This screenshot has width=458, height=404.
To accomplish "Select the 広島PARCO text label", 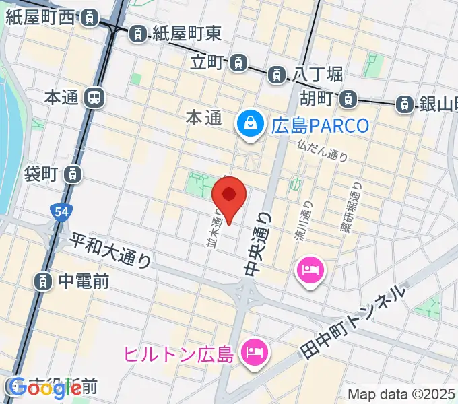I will (x=321, y=126).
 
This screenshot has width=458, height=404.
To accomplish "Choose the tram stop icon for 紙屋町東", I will (x=138, y=32).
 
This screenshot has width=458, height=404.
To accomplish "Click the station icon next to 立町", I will (x=237, y=63).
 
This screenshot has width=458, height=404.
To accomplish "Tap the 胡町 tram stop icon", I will (x=348, y=100).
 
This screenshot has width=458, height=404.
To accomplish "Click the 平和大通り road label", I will (x=111, y=249).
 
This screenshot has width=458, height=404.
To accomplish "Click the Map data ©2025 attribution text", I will (x=401, y=393).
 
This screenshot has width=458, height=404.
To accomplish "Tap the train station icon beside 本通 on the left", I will (x=94, y=98).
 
